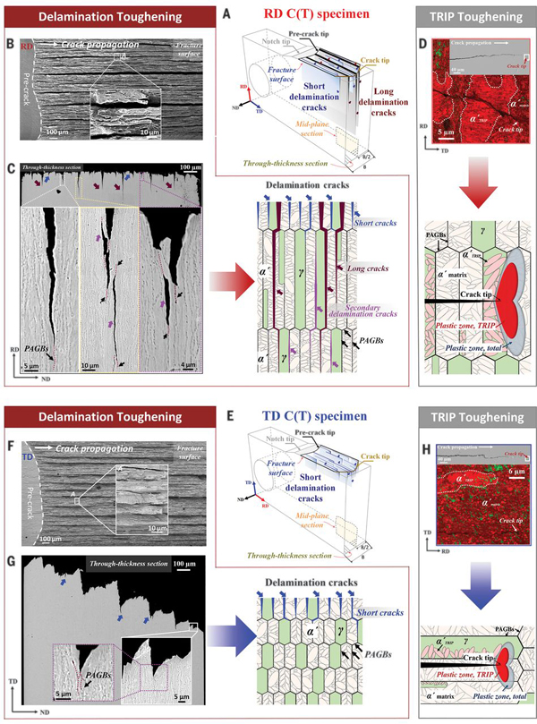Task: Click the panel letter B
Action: [10, 39]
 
